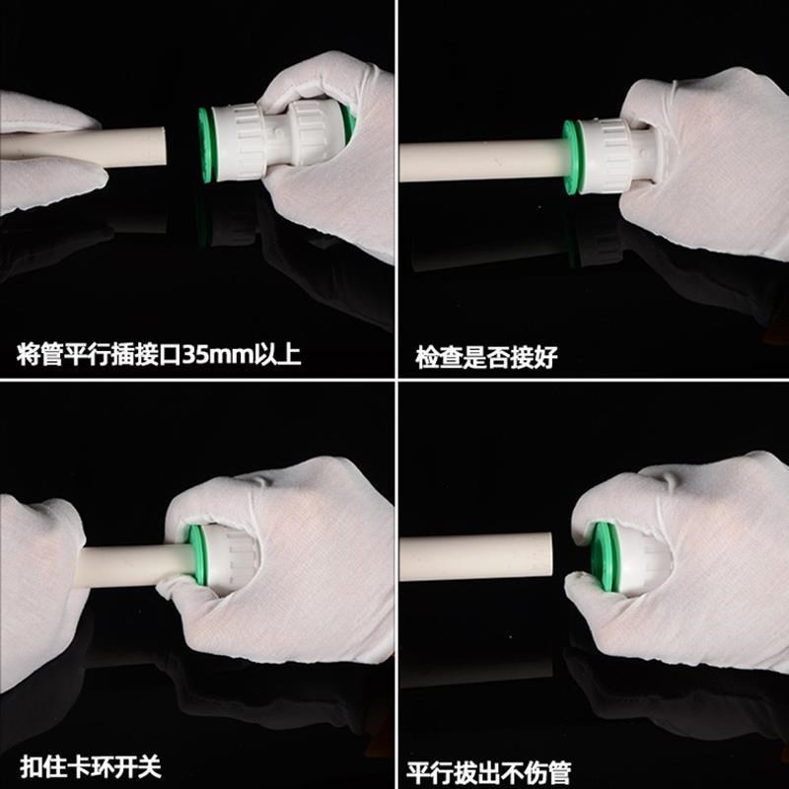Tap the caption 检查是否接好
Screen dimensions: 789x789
click(486, 357)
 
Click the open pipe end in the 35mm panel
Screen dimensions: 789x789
click(158, 148)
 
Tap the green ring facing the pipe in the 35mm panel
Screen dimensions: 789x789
click(206, 144)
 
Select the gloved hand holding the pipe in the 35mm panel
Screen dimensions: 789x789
click(44, 153)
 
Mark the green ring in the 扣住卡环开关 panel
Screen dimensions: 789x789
click(197, 557)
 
